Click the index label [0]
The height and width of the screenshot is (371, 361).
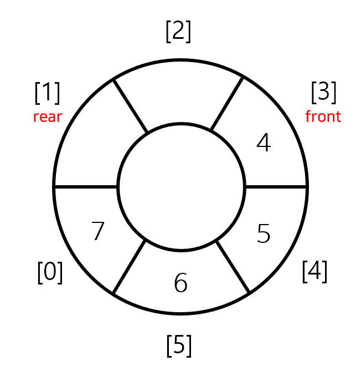click(50, 272)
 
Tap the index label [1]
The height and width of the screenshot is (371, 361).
click(48, 92)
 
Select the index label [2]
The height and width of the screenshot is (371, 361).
click(178, 32)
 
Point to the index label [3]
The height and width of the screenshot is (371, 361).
click(324, 92)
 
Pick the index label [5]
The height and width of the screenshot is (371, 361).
click(179, 345)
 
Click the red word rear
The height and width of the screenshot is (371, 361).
click(48, 117)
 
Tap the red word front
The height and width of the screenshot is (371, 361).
click(323, 117)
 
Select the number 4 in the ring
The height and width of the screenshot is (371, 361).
click(264, 144)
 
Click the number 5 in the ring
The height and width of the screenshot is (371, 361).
click(264, 234)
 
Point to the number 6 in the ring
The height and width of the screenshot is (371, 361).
click(180, 283)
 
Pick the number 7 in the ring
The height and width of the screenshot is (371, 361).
click(98, 232)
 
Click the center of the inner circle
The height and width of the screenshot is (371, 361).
click(181, 187)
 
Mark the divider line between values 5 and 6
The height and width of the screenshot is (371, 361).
click(233, 267)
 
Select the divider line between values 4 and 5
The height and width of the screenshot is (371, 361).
click(276, 187)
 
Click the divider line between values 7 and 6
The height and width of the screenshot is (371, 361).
click(130, 267)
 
